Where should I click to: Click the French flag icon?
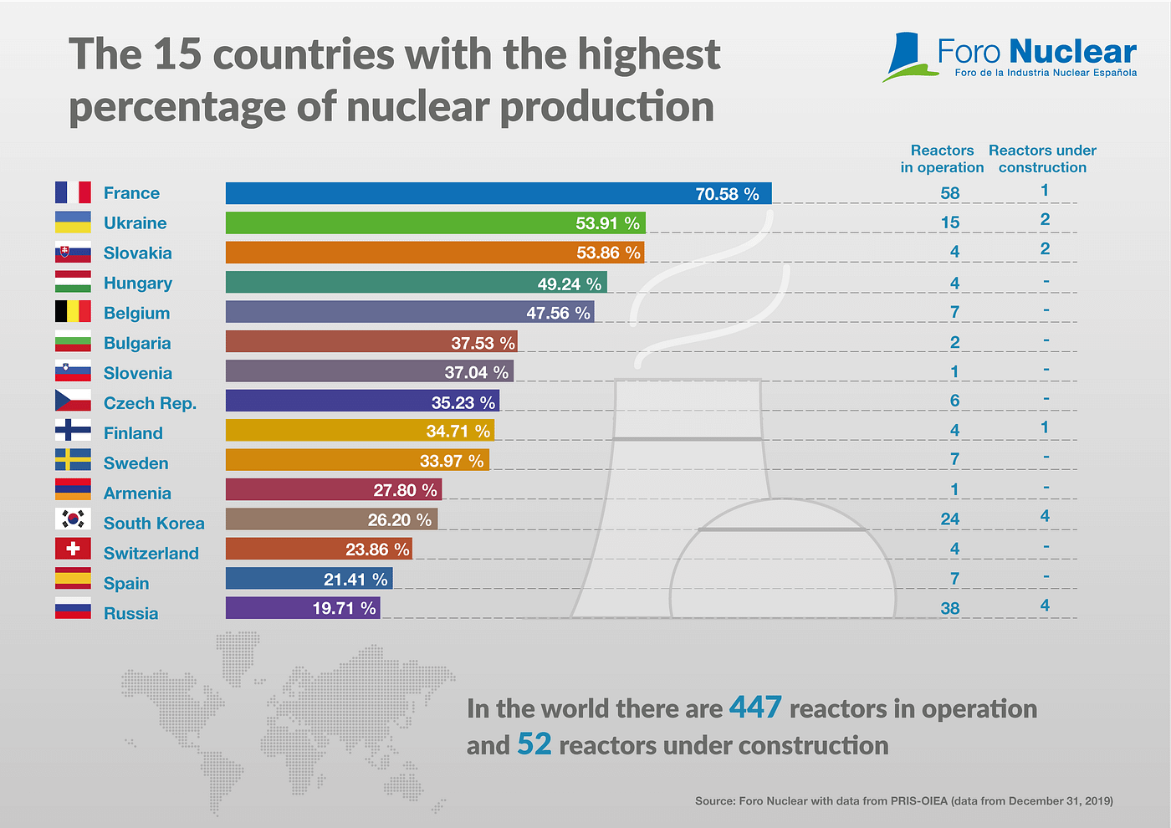click(73, 192)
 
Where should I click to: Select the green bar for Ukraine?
click(435, 223)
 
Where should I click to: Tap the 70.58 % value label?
click(727, 194)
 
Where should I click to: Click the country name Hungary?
click(138, 283)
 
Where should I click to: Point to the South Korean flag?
click(73, 519)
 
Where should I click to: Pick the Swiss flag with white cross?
click(73, 549)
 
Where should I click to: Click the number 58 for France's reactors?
click(949, 193)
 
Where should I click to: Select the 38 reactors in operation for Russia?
click(949, 608)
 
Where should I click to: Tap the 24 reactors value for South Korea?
click(949, 519)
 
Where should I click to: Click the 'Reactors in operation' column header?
click(942, 159)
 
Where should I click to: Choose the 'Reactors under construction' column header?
click(1042, 159)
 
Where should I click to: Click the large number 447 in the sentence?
click(755, 708)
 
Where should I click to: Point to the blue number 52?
click(534, 744)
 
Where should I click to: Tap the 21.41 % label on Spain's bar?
click(355, 579)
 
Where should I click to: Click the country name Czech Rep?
click(150, 403)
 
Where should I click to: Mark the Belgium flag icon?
click(73, 312)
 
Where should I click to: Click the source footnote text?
click(903, 800)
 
